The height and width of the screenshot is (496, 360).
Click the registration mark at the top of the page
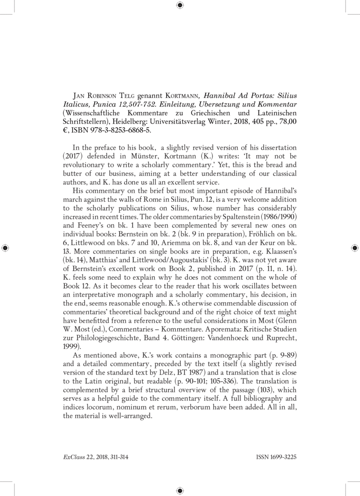click(x=180, y=5)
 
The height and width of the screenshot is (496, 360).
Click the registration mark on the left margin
click(x=5, y=248)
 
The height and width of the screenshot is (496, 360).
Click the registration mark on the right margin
click(x=355, y=248)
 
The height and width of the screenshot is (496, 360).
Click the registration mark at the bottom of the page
click(x=180, y=491)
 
